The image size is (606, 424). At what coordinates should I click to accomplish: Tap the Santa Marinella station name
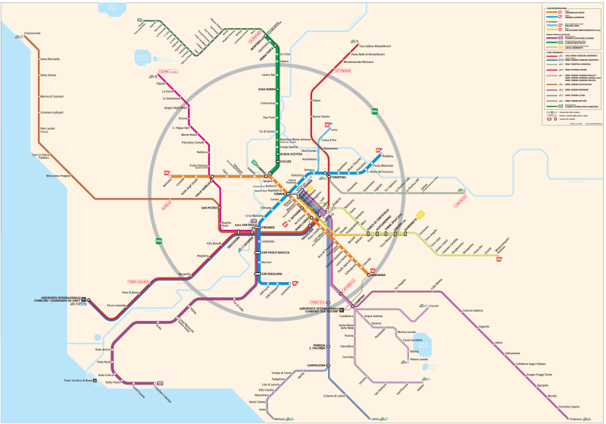50,58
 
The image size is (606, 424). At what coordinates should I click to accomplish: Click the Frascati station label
434,306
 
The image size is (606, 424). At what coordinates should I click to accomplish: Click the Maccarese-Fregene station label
58,175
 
